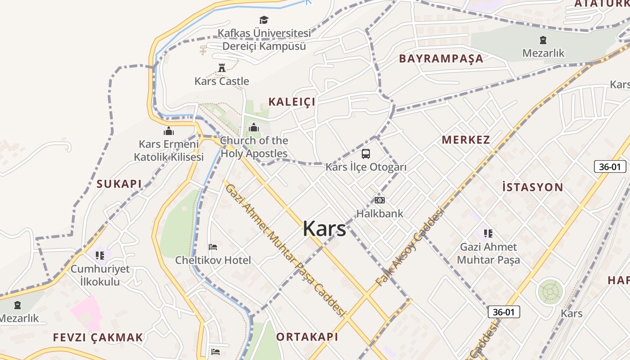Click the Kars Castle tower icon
[221, 68]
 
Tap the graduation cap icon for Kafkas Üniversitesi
[264, 20]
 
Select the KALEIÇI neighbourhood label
[292, 102]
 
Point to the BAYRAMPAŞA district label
[441, 58]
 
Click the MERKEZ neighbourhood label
[466, 139]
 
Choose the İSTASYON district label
[532, 187]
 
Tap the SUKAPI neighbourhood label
[119, 184]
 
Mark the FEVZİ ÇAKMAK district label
[98, 337]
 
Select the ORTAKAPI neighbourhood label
[307, 337]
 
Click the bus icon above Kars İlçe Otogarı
[366, 154]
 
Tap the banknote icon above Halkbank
[380, 200]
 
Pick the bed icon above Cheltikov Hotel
[213, 247]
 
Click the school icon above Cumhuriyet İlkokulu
[100, 256]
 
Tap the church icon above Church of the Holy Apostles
[254, 128]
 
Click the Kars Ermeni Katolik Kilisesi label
[169, 150]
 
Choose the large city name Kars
[324, 229]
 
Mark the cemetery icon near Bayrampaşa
[543, 40]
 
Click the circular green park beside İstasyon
[550, 291]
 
